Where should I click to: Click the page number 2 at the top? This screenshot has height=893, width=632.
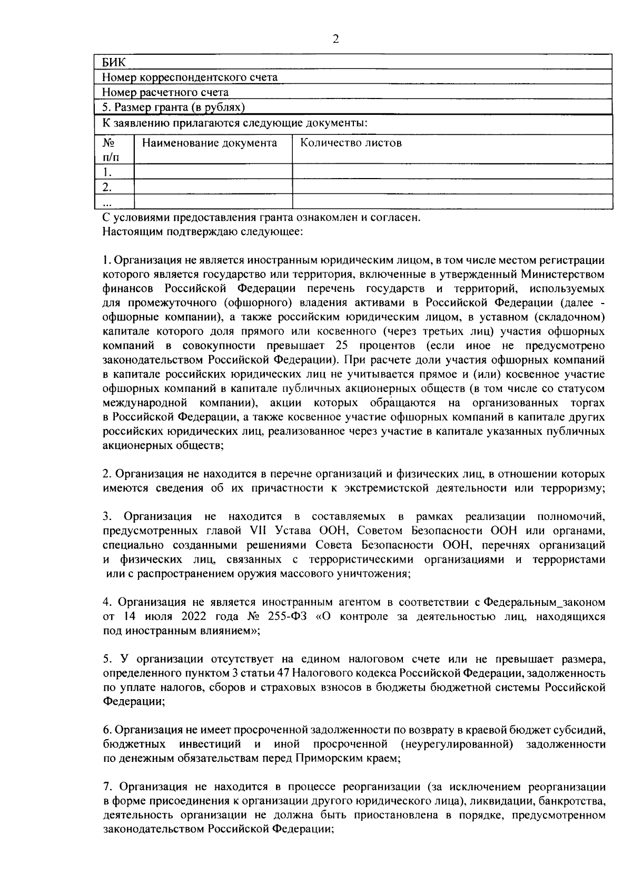click(335, 39)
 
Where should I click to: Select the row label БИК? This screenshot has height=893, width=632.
click(112, 62)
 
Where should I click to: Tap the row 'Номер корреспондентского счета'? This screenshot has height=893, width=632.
click(190, 77)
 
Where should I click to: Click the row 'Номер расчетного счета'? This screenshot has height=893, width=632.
click(165, 93)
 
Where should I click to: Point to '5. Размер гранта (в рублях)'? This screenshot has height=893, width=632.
click(174, 107)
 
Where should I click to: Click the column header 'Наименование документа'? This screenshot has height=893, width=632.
click(210, 143)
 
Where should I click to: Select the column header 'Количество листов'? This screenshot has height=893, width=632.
click(351, 143)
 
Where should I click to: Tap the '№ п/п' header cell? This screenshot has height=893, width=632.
click(110, 150)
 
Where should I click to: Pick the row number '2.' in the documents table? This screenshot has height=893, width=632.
click(107, 187)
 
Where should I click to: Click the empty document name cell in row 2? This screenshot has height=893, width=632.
click(213, 187)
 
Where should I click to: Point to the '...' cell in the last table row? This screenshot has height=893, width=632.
click(107, 202)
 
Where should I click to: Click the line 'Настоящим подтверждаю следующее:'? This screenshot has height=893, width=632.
click(202, 232)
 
